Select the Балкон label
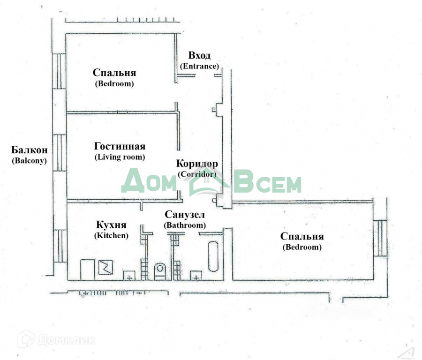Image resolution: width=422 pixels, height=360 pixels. point(30,150)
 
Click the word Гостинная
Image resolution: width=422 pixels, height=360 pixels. point(120,146)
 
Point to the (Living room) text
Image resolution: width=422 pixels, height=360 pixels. point(120,157)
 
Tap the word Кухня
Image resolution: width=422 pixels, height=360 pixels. point(111,225)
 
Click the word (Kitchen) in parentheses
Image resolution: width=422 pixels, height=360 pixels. point(111,236)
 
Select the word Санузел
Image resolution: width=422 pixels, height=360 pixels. point(185,215)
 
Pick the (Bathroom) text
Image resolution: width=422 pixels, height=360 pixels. point(185,225)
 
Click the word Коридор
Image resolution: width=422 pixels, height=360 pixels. point(197,164)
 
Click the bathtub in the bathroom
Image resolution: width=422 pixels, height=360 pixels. point(213,256)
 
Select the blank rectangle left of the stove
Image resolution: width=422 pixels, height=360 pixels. point(88,270)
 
